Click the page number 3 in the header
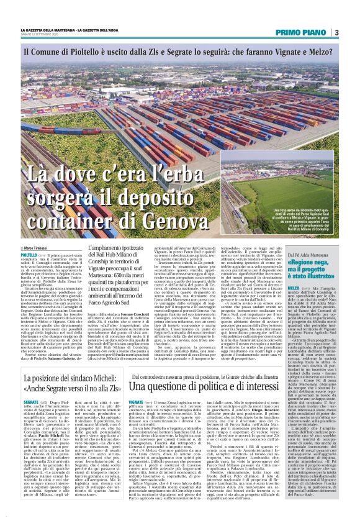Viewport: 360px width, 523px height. coord(336,32)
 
